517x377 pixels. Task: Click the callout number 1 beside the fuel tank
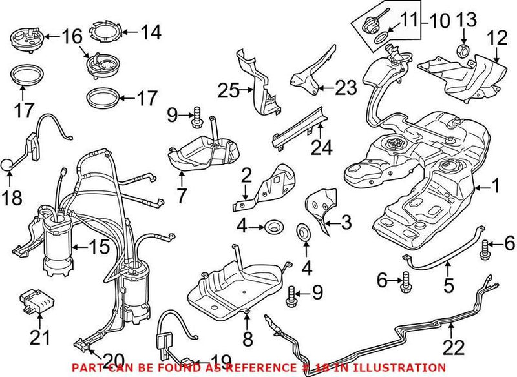click(x=495, y=188)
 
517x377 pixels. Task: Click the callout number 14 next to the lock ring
click(x=151, y=32)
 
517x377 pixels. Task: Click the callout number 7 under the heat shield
click(x=182, y=194)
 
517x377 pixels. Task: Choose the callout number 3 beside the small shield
click(x=346, y=223)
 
